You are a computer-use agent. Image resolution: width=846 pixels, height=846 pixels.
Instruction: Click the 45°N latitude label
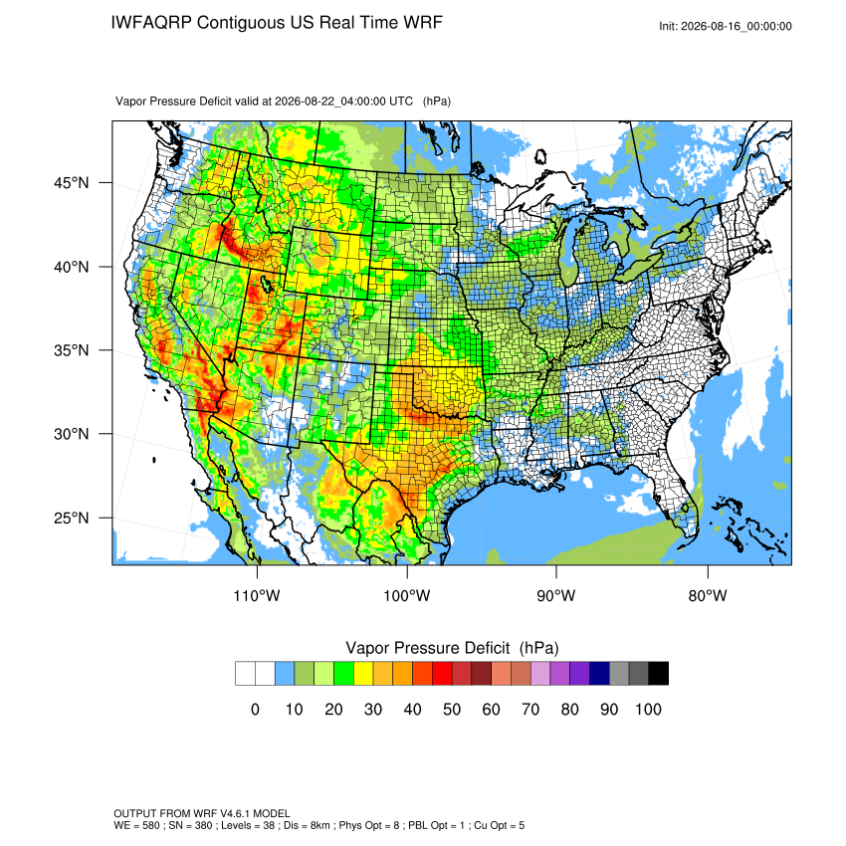point(72,183)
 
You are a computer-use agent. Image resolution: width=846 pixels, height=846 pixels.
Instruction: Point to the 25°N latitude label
point(72,518)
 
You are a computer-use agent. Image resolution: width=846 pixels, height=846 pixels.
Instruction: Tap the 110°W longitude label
point(257,596)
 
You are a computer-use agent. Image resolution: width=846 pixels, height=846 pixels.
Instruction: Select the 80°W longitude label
point(708,596)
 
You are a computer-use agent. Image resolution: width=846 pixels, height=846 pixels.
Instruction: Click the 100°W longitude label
point(407,596)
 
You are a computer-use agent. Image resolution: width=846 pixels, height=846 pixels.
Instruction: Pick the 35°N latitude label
point(72,350)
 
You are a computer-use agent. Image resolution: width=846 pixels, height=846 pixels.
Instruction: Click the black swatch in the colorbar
point(658,674)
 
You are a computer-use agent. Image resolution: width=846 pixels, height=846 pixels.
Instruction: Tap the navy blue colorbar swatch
point(599,674)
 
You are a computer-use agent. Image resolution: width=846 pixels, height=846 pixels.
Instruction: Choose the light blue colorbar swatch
point(285,674)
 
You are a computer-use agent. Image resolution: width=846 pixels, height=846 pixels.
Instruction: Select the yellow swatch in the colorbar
point(363,674)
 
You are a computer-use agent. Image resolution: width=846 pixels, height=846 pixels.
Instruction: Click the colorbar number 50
point(452,710)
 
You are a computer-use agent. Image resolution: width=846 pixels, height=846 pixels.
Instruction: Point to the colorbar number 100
point(648,710)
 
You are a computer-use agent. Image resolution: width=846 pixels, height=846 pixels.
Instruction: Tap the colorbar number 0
point(255,710)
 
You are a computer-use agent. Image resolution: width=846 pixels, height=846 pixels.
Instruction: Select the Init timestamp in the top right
point(726,27)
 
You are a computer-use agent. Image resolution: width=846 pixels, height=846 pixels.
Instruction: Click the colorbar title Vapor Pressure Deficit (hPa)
point(452,648)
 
